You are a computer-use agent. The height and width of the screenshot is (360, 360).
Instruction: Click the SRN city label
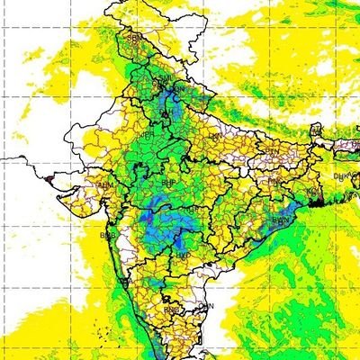coord(136,40)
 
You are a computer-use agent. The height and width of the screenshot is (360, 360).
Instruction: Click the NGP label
coord(193,209)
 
